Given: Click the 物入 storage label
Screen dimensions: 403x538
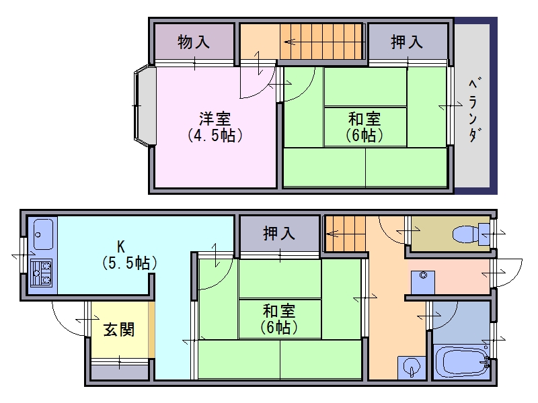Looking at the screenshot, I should point(194,42).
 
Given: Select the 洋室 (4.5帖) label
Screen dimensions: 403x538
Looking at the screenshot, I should point(215,126).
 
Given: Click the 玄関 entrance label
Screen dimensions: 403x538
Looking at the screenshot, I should point(118,330).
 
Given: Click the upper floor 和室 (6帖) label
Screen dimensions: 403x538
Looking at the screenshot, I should point(365,127).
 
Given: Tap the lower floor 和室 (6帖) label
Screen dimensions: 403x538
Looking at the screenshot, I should point(280,319).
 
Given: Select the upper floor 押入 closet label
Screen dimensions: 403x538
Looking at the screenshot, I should point(407,42).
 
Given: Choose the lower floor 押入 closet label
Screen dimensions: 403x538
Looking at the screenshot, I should point(278,234).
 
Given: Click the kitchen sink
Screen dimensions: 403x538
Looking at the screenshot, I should point(42,234).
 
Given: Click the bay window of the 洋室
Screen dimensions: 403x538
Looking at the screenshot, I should point(144,105).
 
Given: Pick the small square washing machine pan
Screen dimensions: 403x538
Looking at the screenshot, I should point(423,281).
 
